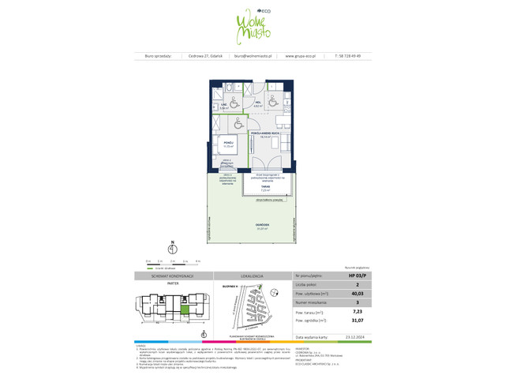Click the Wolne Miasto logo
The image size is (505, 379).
[x=252, y=26]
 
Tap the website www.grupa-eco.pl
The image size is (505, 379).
[x=300, y=56]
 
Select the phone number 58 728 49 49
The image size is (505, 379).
[x=353, y=56]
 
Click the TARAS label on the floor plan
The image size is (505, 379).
[x=266, y=186]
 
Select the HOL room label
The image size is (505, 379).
[x=258, y=103]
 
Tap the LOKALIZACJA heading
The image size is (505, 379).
[x=252, y=276]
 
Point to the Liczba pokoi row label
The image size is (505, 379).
[x=306, y=284]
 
